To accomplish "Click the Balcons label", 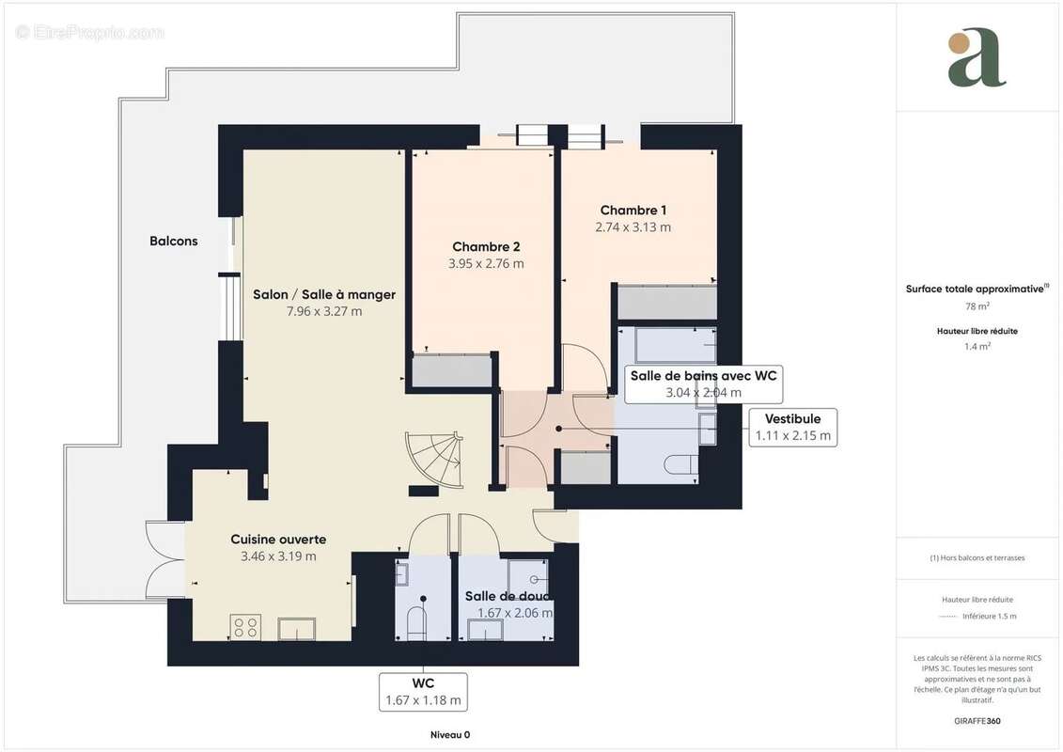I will click(174, 241).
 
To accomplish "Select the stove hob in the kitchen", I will click(246, 627).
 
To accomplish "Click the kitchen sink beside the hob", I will click(297, 628).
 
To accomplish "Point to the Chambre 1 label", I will click(633, 211).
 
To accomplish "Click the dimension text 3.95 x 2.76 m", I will click(486, 264).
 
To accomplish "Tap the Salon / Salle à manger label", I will click(324, 294).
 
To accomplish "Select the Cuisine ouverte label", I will click(278, 539).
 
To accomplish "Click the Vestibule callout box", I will click(792, 427).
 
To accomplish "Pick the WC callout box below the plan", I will click(423, 691).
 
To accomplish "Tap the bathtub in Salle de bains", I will click(675, 346).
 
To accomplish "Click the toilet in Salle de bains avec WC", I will click(680, 463).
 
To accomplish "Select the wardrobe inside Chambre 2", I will click(453, 370).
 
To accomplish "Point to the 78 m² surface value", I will click(977, 306).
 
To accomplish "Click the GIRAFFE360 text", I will click(977, 721).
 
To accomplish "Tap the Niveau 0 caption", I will click(449, 735).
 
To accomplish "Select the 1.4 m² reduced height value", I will click(977, 347).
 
